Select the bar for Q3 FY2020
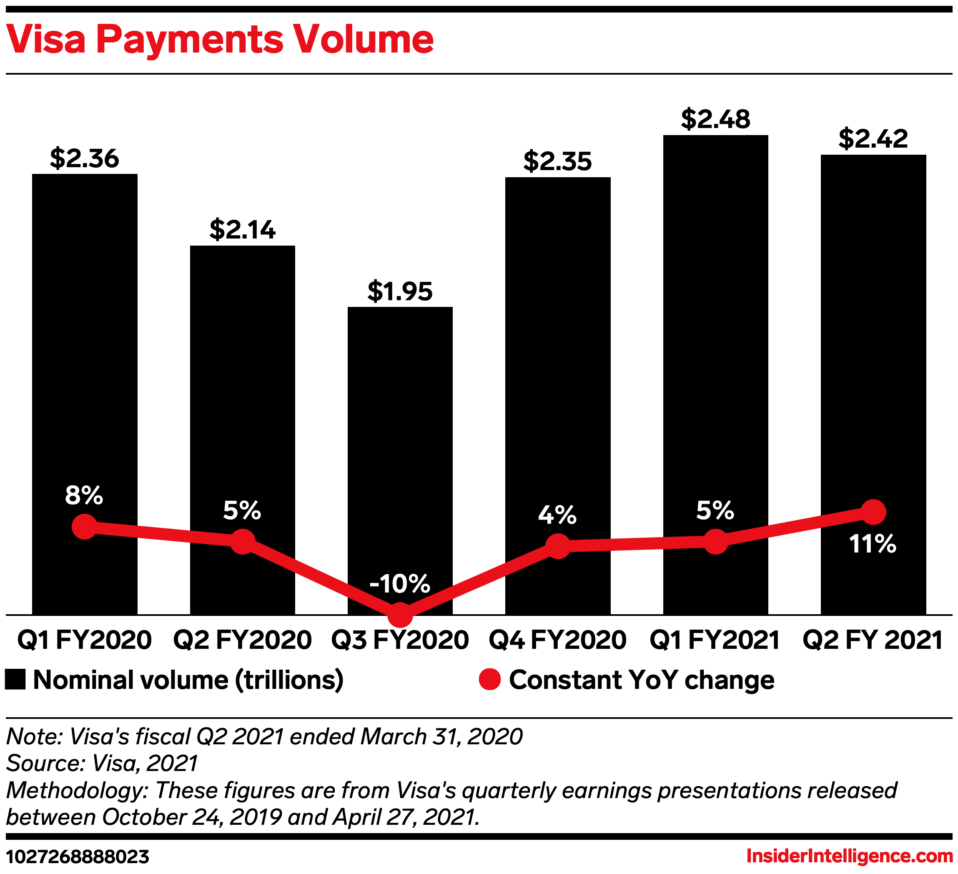(x=400, y=428)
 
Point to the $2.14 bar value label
(x=242, y=229)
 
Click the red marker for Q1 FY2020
(x=85, y=527)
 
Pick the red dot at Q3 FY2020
(x=400, y=615)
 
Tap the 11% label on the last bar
(x=873, y=544)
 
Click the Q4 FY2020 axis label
(x=557, y=640)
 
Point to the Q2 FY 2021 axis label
(x=873, y=640)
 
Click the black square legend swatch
(x=15, y=680)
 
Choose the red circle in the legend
(x=489, y=679)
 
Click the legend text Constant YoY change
(x=642, y=680)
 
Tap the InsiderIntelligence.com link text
(x=850, y=856)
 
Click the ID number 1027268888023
(x=78, y=857)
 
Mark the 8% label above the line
(x=84, y=495)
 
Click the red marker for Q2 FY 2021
(x=873, y=512)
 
